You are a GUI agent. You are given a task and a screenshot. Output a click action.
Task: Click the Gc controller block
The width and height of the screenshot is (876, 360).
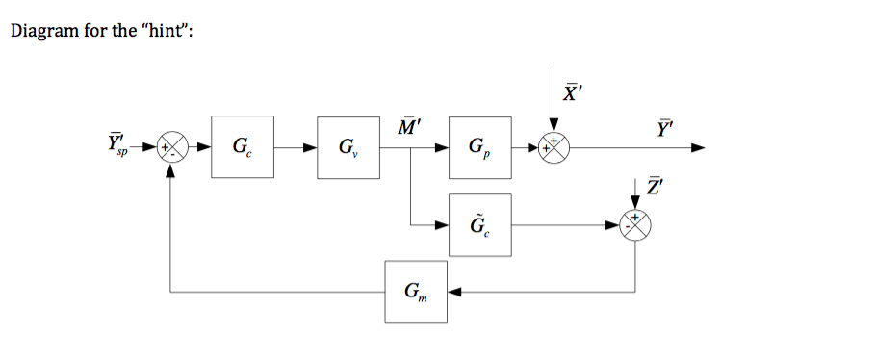(243, 147)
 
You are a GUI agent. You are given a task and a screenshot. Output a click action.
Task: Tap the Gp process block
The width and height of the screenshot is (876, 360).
(479, 147)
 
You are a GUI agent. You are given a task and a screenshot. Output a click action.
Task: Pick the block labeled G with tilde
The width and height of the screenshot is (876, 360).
(479, 225)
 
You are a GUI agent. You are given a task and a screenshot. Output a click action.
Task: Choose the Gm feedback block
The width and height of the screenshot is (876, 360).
(416, 291)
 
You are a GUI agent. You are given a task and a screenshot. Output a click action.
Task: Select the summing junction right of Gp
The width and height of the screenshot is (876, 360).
(554, 148)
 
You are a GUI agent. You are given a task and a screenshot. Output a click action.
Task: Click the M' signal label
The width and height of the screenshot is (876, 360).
(408, 125)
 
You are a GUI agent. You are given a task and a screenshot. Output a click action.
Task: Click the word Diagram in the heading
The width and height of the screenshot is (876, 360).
(41, 32)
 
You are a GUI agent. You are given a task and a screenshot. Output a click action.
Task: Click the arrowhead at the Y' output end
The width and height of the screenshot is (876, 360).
(698, 148)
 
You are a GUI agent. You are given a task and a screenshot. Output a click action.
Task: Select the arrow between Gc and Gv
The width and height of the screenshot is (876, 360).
(296, 148)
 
